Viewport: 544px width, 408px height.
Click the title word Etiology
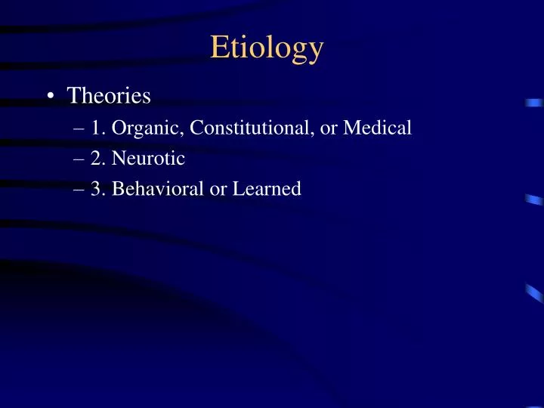267,48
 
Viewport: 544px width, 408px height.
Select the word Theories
109,96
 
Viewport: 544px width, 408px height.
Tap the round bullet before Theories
49,96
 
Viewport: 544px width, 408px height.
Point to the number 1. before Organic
99,128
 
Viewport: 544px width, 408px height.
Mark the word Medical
378,128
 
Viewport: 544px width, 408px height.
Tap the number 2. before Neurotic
99,159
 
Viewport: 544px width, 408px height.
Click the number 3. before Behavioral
99,190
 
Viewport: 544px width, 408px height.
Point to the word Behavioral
158,190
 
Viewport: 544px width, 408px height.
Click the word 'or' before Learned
218,190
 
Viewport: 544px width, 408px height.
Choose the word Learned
266,190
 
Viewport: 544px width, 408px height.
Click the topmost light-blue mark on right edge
533,103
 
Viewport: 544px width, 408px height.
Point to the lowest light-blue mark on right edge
533,292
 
